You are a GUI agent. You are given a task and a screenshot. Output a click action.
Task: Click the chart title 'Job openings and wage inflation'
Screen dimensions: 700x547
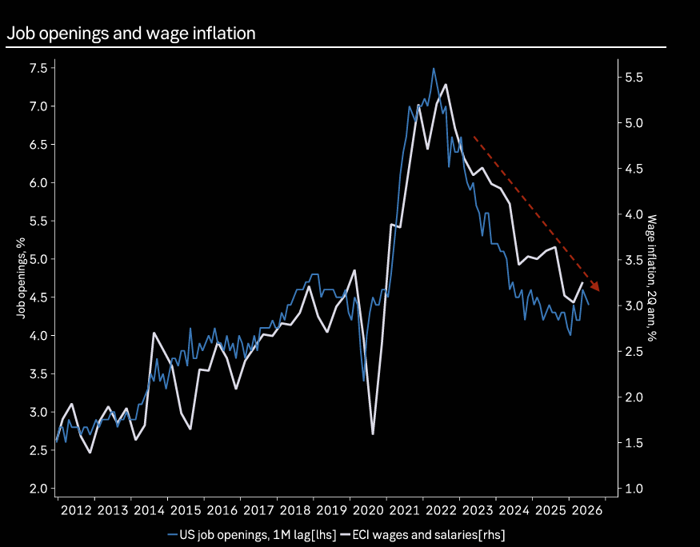pos(131,34)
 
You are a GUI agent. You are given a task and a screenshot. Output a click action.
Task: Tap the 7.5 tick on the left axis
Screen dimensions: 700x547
pos(39,68)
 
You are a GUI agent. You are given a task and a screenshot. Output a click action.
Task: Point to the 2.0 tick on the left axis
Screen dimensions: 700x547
pos(39,489)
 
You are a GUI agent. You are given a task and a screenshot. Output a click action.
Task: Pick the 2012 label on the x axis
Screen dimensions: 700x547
pos(76,510)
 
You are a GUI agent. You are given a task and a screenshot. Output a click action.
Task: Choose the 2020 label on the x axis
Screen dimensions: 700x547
pos(368,510)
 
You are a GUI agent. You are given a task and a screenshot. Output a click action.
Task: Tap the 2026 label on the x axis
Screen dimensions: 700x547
pos(587,510)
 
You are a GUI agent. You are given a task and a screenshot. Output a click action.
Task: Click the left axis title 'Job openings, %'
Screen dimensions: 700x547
pos(21,278)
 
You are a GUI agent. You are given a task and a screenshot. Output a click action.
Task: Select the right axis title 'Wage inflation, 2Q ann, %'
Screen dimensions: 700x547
pos(652,278)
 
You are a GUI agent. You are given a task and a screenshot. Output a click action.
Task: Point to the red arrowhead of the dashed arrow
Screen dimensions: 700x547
pos(594,286)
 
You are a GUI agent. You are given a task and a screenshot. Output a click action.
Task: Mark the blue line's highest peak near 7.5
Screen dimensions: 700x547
pos(433,69)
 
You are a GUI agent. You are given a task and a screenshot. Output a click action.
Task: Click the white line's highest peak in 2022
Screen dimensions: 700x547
pos(446,85)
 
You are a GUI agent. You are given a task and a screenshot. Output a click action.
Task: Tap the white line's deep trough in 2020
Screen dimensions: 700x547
pos(372,433)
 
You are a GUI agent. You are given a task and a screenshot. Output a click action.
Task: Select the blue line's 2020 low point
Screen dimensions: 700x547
pos(363,381)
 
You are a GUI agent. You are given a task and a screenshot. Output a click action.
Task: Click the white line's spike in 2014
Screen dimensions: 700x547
pos(154,333)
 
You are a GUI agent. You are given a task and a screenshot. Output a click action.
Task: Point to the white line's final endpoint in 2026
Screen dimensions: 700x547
pos(582,283)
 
